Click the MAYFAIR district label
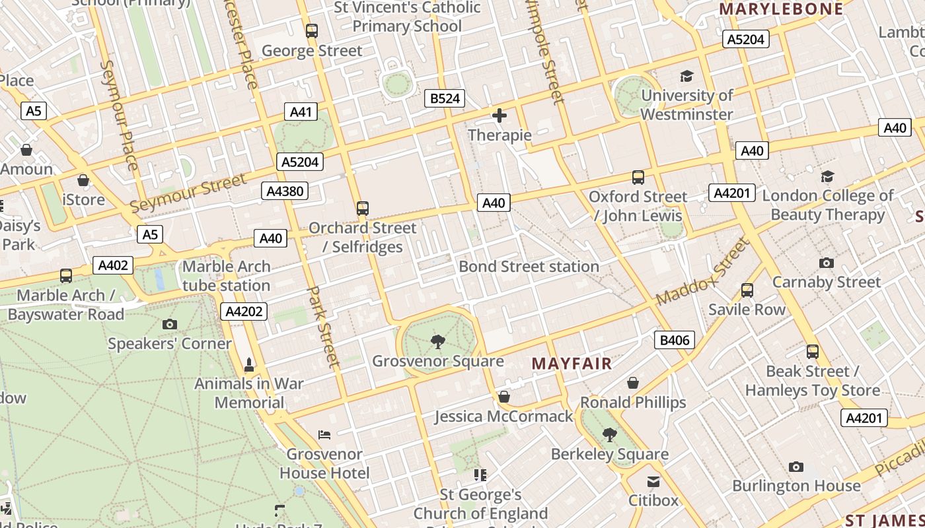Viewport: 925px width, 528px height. coord(572,364)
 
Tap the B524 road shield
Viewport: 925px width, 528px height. coord(444,99)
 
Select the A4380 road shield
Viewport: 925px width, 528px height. coord(285,191)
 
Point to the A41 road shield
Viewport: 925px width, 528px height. coord(301,112)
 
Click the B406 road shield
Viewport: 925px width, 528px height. coord(675,341)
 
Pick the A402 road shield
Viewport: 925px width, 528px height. coord(113,265)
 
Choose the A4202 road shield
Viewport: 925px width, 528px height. coord(244,312)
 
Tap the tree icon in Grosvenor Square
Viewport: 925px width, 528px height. coord(437,341)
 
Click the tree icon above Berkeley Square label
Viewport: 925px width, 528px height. coord(609,434)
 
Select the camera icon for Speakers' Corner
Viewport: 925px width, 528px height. coord(170,324)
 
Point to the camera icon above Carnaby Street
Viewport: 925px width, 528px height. coord(826,263)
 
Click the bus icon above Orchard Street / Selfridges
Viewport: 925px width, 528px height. coord(362,209)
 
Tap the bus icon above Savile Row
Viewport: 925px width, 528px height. coord(747,290)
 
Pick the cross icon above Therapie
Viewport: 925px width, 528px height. coord(499,116)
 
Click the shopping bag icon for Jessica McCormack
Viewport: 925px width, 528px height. coord(503,397)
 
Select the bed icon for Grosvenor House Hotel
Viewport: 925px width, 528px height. coord(324,434)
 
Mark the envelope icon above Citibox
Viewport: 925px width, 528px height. coord(653,481)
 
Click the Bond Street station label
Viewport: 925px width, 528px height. coord(529,267)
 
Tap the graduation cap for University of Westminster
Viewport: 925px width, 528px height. coord(686,77)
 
